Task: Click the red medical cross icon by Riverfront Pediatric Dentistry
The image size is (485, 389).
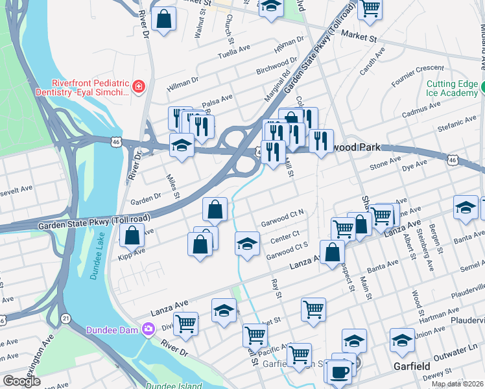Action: [x=138, y=87]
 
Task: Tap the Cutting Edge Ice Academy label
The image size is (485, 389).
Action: [x=451, y=89]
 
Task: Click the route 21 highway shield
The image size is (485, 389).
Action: [x=66, y=318]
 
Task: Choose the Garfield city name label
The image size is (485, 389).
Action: [x=412, y=367]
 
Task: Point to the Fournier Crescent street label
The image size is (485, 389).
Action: [x=418, y=72]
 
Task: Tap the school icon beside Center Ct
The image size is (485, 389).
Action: [x=246, y=244]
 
